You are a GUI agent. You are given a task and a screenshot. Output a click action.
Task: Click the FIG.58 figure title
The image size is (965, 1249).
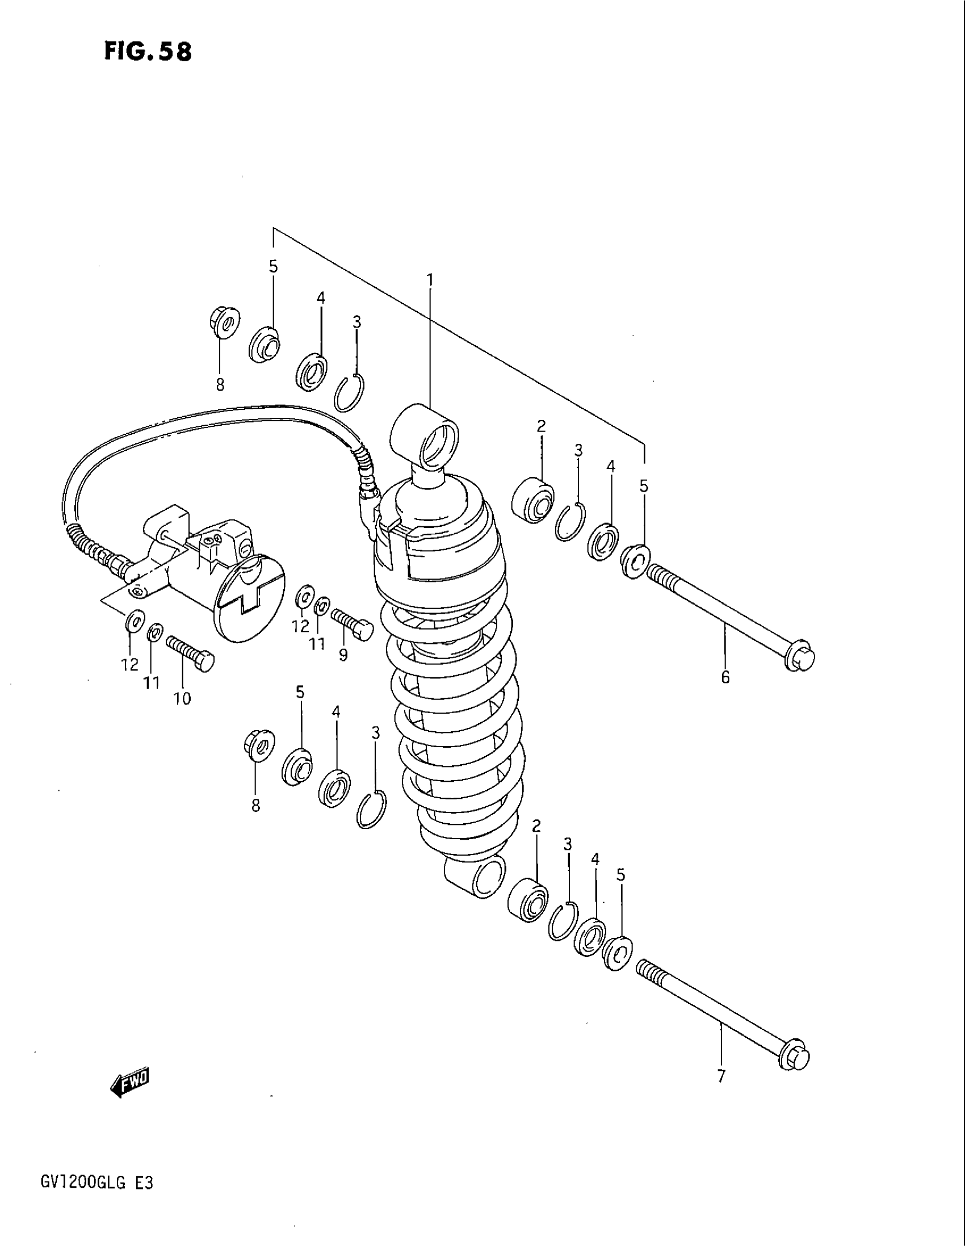pos(148,52)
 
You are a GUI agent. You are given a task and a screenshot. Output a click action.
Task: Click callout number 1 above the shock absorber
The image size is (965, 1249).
pos(429,280)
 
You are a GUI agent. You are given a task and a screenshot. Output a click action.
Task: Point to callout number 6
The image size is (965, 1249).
pos(725,678)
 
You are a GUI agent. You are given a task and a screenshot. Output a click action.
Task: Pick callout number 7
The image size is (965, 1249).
pos(720,1076)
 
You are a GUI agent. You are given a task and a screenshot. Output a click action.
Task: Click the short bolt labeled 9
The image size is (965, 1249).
pos(351,623)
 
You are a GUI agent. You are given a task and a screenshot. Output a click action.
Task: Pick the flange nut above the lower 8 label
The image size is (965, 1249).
pos(258,747)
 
